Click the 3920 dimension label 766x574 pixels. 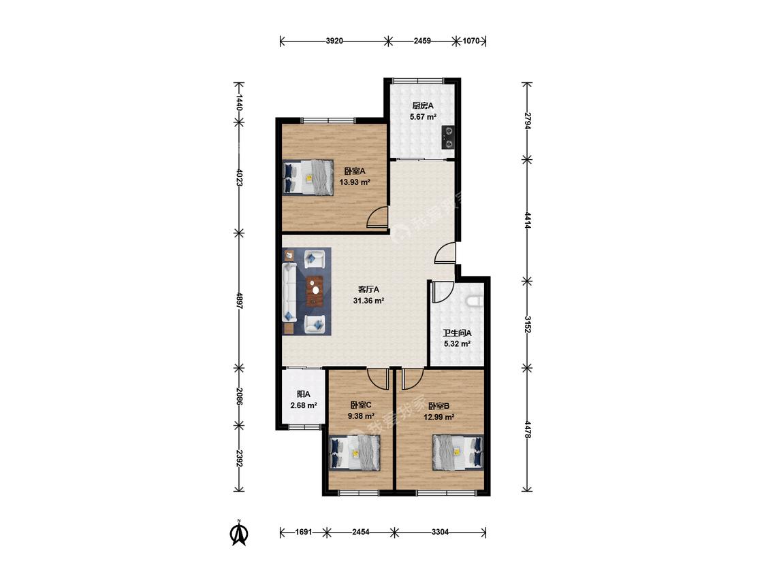point(334,41)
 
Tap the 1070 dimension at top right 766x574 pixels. point(471,41)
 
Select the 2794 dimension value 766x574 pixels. point(528,120)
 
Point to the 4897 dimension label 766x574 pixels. point(240,300)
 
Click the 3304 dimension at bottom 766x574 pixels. point(440,532)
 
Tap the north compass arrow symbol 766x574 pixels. point(239,533)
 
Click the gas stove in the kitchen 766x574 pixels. point(447,137)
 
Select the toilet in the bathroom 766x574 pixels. point(475,302)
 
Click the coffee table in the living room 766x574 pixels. point(315,291)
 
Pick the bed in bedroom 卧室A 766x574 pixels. point(308,178)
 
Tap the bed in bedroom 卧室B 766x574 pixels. point(458,452)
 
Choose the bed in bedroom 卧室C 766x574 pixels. point(355,453)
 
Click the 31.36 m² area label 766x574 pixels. point(368,301)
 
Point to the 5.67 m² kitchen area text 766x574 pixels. point(423,117)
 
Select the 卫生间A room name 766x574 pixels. point(458,333)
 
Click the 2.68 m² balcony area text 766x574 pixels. point(304,405)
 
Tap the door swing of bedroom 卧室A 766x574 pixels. point(376,217)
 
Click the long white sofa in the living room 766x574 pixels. point(289,292)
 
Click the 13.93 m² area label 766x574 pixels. point(355,182)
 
